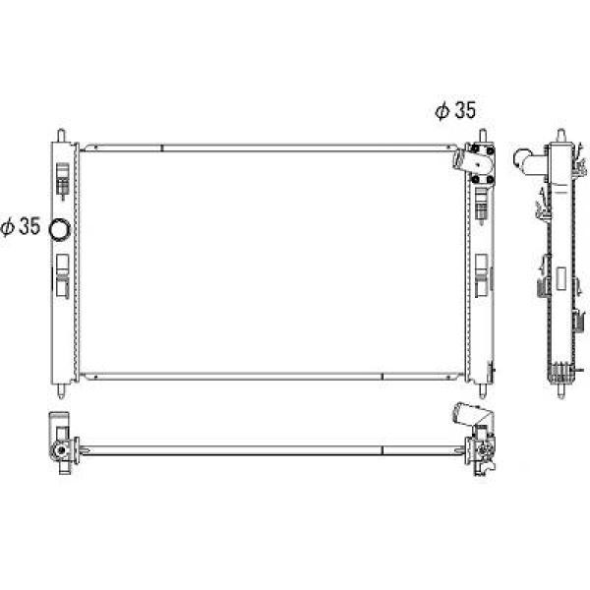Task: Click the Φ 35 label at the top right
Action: (x=455, y=110)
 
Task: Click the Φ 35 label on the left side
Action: (x=21, y=226)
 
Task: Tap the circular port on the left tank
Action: (x=60, y=229)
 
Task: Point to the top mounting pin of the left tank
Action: (x=61, y=135)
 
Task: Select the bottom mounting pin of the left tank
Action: (x=61, y=390)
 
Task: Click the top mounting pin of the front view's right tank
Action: (x=483, y=135)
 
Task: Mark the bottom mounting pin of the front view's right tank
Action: (x=483, y=390)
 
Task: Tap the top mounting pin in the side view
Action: (x=561, y=135)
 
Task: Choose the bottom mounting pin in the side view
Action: (x=561, y=391)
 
